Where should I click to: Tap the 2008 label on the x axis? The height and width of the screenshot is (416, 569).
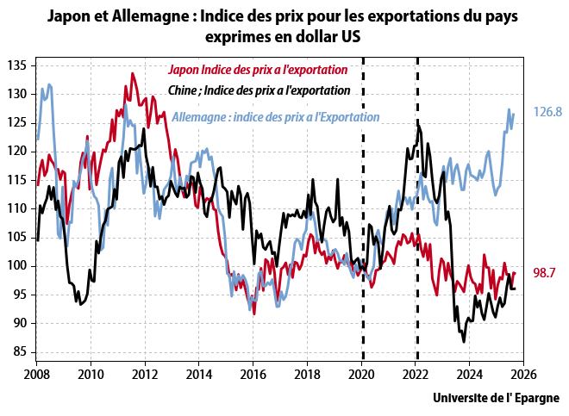[36, 375]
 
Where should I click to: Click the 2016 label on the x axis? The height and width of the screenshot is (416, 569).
[253, 375]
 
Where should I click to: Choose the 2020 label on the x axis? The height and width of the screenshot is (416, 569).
[361, 375]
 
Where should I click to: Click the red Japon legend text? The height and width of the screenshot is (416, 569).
[257, 70]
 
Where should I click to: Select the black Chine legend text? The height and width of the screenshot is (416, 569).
[258, 90]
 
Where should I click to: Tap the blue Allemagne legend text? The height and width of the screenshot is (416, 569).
[276, 117]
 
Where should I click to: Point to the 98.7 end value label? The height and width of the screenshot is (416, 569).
[544, 273]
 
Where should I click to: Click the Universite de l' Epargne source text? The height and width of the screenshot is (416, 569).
[495, 398]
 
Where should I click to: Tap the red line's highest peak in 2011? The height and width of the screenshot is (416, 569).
[132, 73]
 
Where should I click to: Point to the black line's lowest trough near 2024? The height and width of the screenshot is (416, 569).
[464, 342]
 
